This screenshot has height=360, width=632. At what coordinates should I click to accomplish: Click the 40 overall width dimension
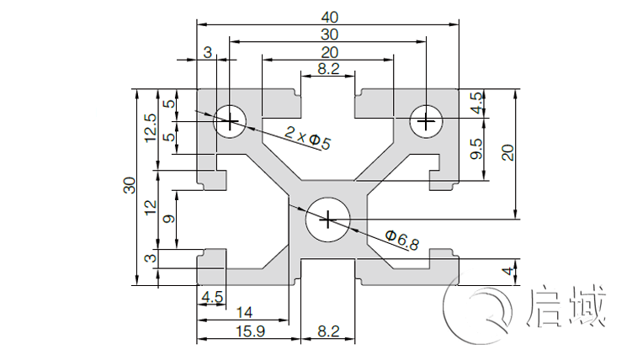pos(329,15)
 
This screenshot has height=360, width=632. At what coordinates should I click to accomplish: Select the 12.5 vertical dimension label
pos(151,129)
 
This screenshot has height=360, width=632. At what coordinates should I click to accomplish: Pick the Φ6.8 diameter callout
pos(401,241)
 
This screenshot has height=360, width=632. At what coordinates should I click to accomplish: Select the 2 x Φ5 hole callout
pos(307,137)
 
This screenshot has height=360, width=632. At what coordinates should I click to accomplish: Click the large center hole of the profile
pos(327,220)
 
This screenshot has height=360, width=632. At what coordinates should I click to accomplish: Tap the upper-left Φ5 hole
pos(229,121)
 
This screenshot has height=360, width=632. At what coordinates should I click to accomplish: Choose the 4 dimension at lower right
pos(506,273)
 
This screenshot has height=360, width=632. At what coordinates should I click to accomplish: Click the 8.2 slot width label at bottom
pos(328,331)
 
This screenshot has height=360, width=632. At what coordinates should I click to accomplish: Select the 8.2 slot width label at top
pos(329,70)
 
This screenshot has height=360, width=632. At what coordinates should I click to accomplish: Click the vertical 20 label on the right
pos(507,152)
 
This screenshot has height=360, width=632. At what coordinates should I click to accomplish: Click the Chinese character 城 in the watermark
pos(587,308)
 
